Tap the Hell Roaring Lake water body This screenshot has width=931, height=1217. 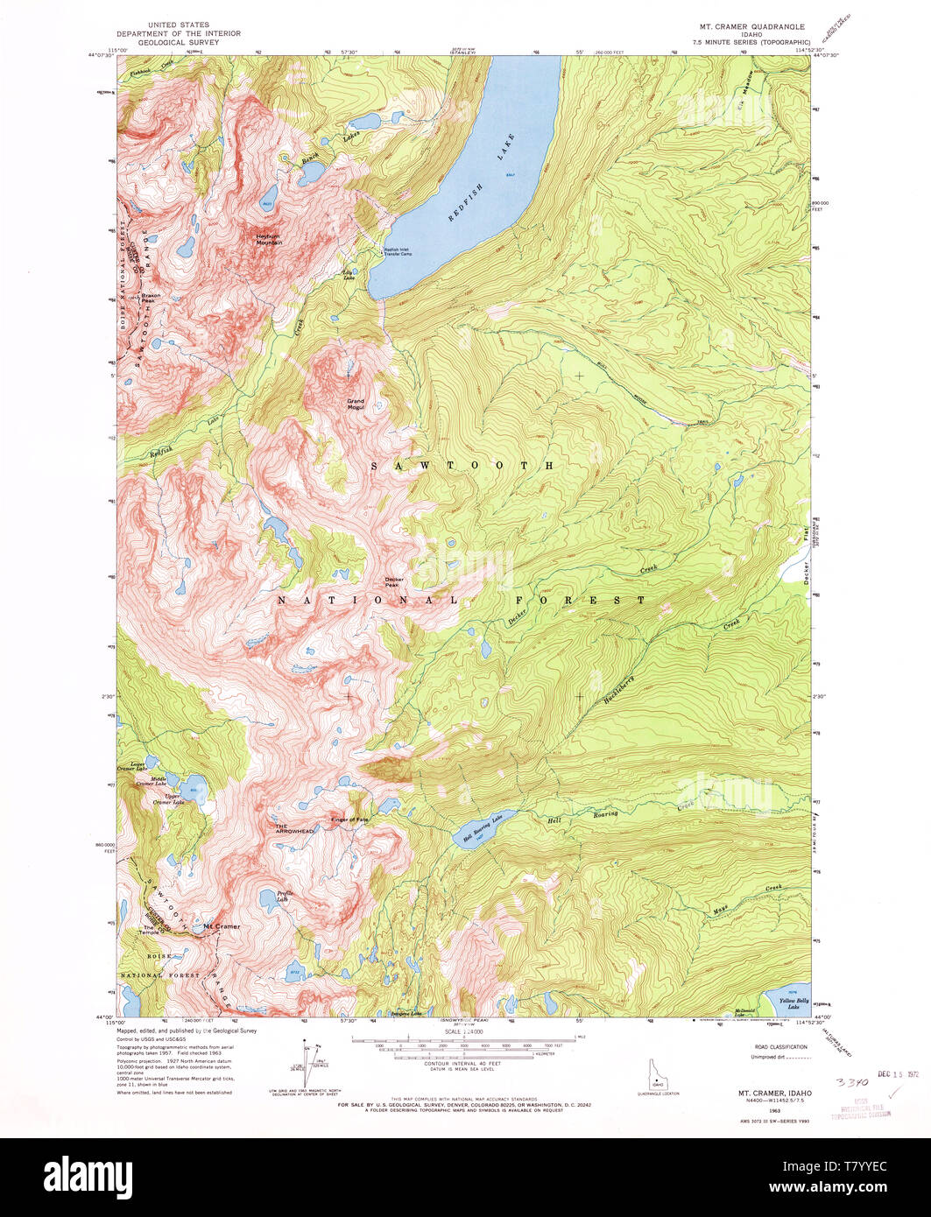tap(477, 829)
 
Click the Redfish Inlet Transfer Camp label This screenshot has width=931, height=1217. tap(402, 251)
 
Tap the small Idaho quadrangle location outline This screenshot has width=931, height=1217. tap(650, 1075)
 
